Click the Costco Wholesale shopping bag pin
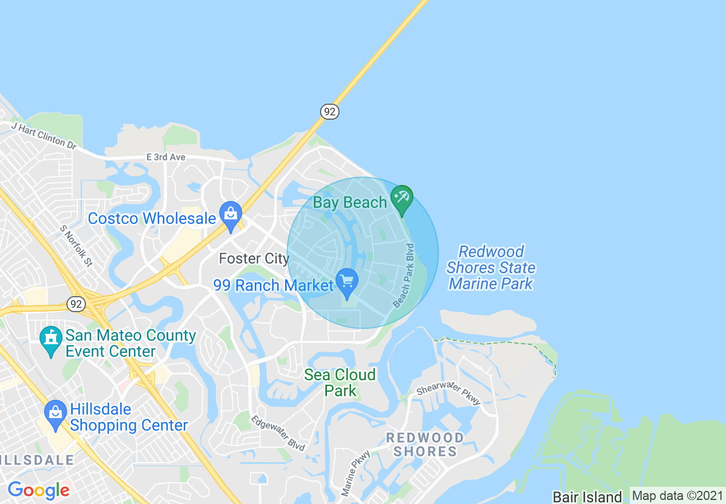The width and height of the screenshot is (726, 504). (231, 215)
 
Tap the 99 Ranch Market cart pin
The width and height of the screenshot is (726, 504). (347, 282)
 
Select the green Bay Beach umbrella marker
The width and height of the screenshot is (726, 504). (402, 199)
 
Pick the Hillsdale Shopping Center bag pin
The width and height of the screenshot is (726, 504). (56, 414)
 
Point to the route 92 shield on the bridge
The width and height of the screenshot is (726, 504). (329, 111)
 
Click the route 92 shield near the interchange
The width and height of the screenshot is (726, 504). (76, 304)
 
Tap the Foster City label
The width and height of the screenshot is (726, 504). (254, 259)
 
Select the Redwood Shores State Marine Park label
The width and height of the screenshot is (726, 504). (491, 267)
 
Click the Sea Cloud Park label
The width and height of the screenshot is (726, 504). (340, 383)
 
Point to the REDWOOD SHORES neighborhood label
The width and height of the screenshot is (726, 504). (425, 444)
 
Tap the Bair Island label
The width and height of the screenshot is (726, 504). (587, 497)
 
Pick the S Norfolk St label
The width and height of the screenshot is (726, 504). (76, 246)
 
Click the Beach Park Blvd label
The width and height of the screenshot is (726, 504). (403, 275)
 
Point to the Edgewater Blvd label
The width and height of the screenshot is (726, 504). (278, 433)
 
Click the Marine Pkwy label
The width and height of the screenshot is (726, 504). (356, 473)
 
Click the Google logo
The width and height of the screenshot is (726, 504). (38, 490)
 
